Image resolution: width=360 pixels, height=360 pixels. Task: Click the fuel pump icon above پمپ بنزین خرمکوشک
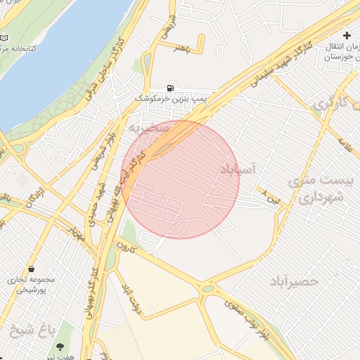(x=170, y=89)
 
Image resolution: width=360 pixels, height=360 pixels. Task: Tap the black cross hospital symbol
(x=346, y=35)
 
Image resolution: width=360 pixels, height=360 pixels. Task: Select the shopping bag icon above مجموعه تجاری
(x=32, y=269)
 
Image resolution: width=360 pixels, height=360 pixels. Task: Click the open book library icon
(x=5, y=37)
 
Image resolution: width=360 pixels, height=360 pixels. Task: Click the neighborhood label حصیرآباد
(x=294, y=281)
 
